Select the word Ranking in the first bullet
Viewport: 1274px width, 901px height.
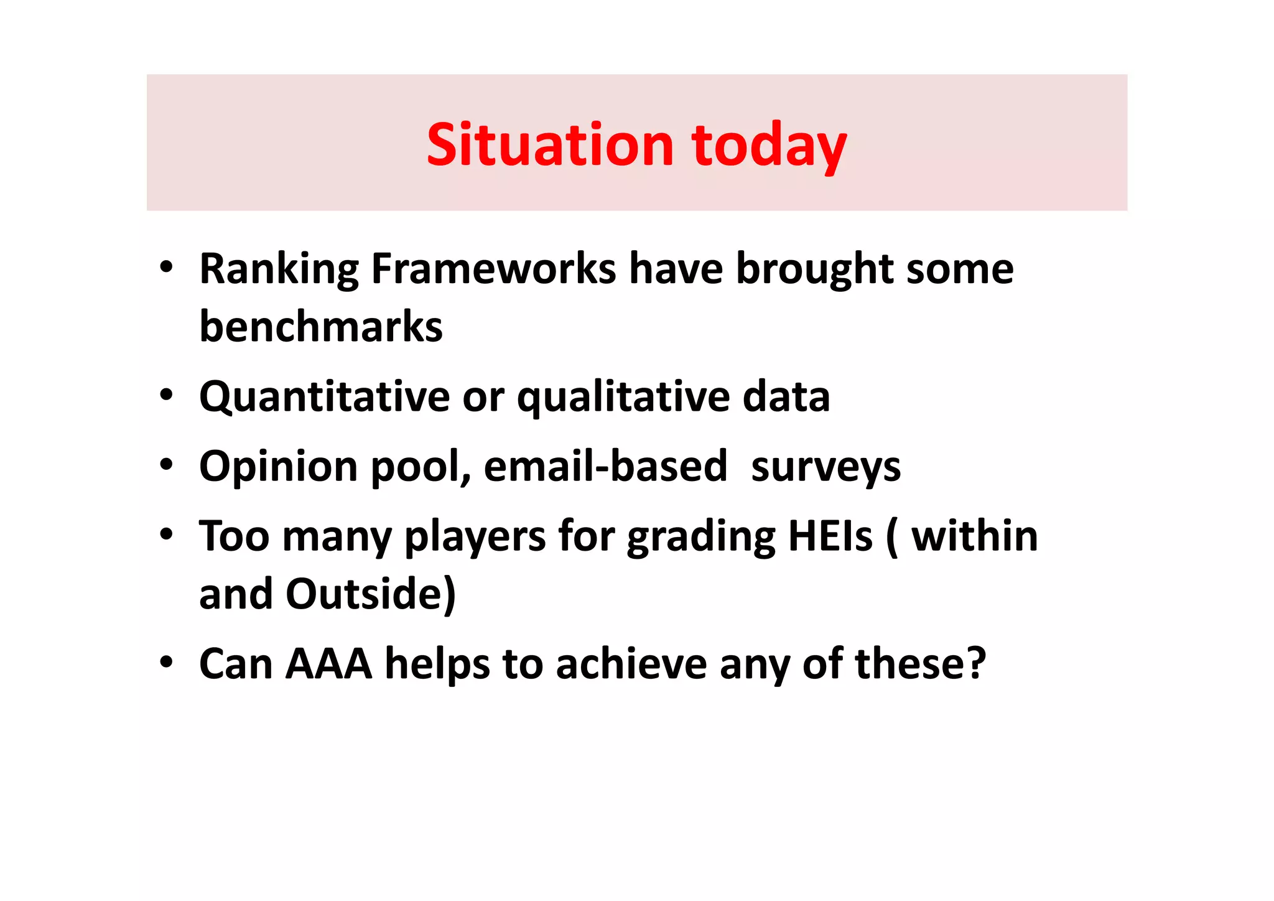(x=279, y=269)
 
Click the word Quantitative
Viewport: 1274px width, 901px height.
(x=324, y=397)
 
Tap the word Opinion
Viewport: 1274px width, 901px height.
(x=278, y=467)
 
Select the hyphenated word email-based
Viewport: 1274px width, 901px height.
(x=605, y=466)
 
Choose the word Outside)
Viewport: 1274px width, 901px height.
(x=371, y=594)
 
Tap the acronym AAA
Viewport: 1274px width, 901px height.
(x=328, y=664)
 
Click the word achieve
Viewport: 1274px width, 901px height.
(x=631, y=664)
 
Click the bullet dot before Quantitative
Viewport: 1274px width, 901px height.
(x=165, y=395)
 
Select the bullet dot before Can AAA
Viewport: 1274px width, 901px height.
(x=165, y=662)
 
